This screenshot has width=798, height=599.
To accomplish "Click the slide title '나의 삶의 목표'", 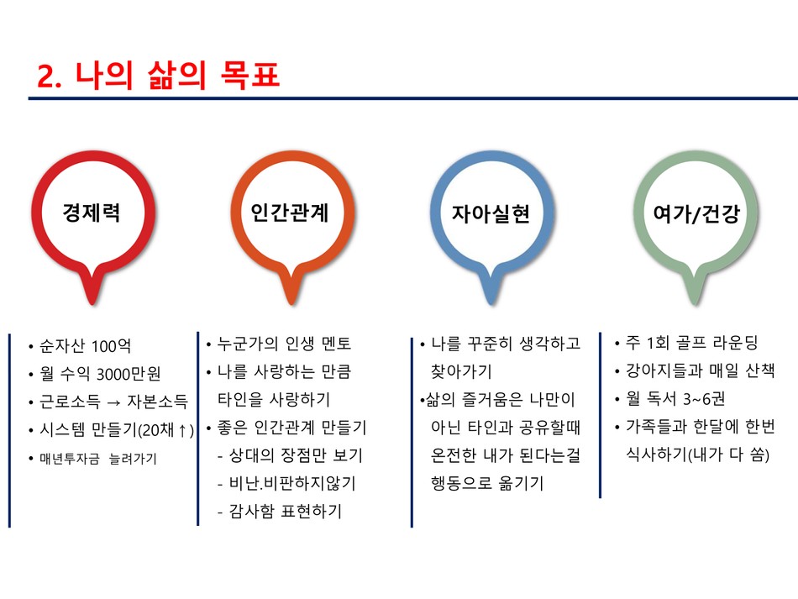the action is click(177, 76).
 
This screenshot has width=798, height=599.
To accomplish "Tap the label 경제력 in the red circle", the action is click(92, 213).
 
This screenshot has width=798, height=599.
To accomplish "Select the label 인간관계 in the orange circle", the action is click(290, 213).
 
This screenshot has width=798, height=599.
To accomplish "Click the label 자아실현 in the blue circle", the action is click(491, 213).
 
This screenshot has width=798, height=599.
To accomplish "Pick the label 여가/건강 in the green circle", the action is click(696, 213).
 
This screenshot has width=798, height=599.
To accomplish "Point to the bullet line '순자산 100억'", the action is click(86, 346).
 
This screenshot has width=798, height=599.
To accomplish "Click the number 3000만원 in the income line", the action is click(129, 374).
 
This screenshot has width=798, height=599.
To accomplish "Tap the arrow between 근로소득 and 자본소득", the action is click(114, 402).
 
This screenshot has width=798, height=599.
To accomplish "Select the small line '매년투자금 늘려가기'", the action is click(98, 459).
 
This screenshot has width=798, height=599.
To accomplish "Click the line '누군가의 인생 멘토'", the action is click(285, 344).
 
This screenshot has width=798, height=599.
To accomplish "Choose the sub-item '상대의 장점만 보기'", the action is click(296, 455).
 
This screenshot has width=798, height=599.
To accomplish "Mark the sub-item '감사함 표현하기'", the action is click(286, 511).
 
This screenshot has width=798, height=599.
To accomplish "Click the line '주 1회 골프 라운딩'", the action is click(692, 343).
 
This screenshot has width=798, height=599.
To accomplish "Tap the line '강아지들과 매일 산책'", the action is click(701, 370).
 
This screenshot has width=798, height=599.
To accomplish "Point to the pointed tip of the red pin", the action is click(92, 304).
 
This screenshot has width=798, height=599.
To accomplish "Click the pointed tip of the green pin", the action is click(696, 304).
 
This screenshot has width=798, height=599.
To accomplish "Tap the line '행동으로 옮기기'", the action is click(487, 482).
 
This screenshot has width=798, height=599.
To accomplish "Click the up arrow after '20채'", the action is click(182, 430).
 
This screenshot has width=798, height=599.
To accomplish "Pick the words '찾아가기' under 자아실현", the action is click(461, 371).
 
